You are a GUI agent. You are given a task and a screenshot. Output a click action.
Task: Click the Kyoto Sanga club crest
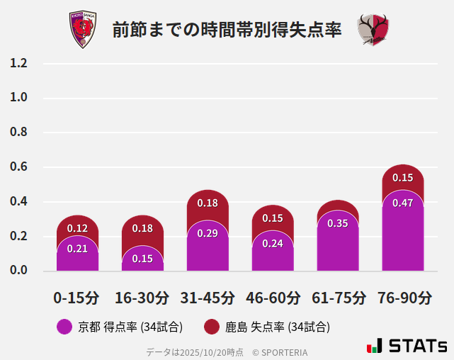point(82,30)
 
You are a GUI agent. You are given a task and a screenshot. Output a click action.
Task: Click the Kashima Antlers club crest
point(373,30)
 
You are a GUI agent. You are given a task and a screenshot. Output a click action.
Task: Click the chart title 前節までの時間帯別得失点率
point(227,30)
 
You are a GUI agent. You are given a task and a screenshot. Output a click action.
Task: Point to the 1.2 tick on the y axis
point(18,63)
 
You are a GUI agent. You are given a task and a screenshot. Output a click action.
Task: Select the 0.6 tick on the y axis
point(18,167)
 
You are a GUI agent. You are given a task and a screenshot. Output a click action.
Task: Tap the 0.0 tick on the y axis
point(18,271)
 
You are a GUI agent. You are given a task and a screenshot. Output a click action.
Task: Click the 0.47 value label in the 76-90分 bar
point(402,203)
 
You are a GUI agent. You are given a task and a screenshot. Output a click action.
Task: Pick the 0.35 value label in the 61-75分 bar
point(338,223)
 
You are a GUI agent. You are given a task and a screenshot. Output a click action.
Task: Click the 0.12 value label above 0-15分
point(77,228)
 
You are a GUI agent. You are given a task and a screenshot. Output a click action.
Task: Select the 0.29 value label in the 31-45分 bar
point(208,233)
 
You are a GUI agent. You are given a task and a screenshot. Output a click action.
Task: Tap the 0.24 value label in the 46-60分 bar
point(273,243)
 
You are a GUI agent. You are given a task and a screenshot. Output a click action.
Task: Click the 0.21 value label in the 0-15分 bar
point(77,248)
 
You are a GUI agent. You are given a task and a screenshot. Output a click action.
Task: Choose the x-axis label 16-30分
point(142,298)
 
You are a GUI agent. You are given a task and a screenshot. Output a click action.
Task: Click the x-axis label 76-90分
point(404,298)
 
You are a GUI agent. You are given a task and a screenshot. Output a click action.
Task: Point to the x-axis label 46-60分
point(273,298)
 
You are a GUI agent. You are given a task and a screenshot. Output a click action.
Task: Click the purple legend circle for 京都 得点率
point(64,327)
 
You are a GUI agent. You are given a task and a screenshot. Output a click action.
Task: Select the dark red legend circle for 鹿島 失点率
point(212,327)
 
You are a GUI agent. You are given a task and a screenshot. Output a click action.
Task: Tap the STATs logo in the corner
point(407,346)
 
